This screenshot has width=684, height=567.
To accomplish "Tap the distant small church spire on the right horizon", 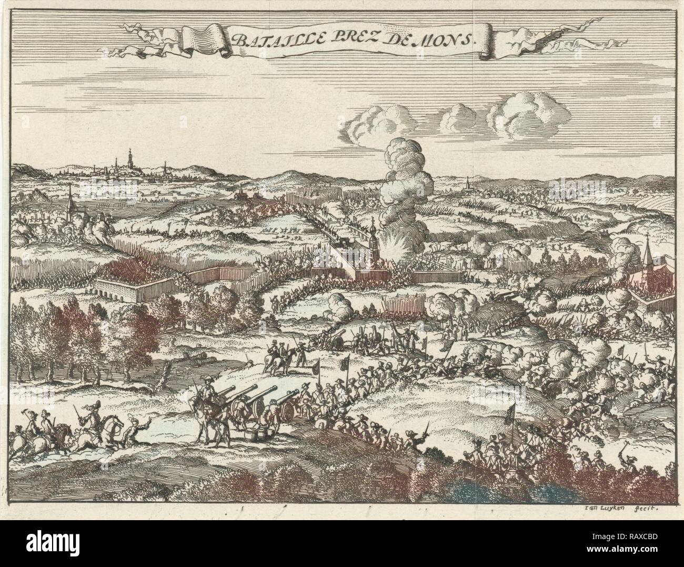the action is (x=468, y=184).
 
